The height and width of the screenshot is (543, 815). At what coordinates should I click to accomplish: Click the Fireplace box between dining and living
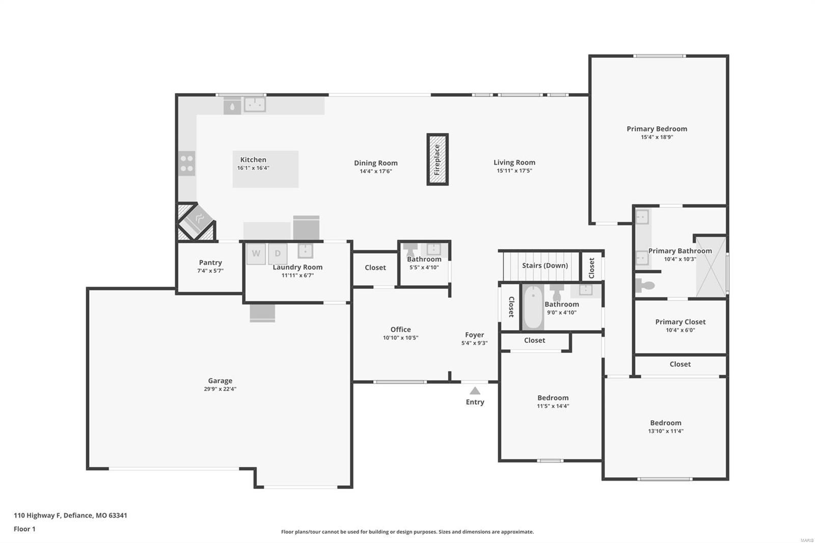[437, 159]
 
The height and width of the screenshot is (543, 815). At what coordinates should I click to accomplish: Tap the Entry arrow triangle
[475, 391]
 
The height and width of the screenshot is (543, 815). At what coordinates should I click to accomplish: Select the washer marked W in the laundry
[256, 254]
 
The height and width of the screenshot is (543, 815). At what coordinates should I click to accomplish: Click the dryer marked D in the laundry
[278, 254]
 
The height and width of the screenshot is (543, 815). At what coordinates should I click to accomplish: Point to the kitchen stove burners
[186, 163]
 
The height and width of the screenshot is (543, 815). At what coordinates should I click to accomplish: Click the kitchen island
[265, 169]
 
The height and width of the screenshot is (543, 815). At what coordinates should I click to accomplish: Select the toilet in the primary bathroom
[644, 285]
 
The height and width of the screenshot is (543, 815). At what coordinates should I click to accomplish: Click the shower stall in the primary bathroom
[711, 266]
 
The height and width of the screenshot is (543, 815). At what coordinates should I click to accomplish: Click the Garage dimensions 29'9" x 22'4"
[220, 389]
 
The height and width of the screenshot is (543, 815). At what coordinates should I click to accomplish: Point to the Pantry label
[210, 262]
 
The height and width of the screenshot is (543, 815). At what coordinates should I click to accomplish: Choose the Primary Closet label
[680, 321]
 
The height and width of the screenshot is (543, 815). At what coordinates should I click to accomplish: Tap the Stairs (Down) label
[545, 265]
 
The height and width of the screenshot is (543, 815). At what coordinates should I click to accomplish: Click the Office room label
[400, 330]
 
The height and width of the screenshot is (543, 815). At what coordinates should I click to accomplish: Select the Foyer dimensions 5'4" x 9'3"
[474, 343]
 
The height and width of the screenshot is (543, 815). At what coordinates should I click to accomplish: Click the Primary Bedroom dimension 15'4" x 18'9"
[657, 137]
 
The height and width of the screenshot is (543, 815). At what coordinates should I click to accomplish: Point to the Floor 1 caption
[24, 529]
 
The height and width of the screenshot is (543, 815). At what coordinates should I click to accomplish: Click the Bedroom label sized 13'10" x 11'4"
[665, 423]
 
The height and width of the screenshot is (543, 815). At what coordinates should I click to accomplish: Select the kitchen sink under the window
[255, 104]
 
